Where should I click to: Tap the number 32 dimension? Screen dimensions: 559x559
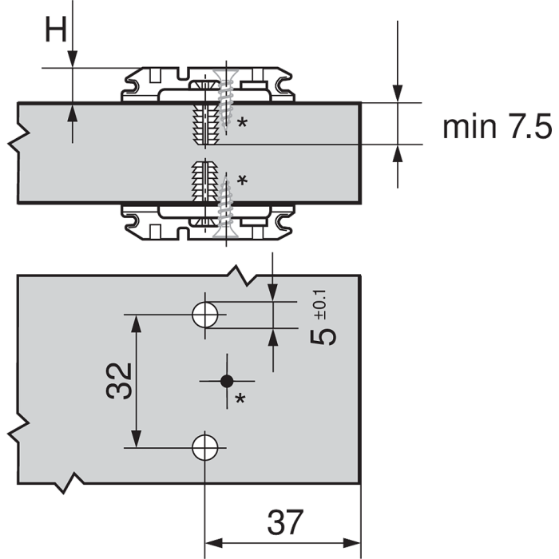pos(117,380)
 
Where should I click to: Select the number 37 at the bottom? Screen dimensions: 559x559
pos(285,523)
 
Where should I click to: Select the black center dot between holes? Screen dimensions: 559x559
pos(227,380)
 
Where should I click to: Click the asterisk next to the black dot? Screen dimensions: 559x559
pos(240,398)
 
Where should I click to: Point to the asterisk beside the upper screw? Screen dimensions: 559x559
pos(240,124)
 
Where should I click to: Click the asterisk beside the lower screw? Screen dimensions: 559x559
pos(242,180)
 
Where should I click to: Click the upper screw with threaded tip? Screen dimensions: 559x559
pos(223,104)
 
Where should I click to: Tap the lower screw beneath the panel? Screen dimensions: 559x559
pos(223,203)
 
